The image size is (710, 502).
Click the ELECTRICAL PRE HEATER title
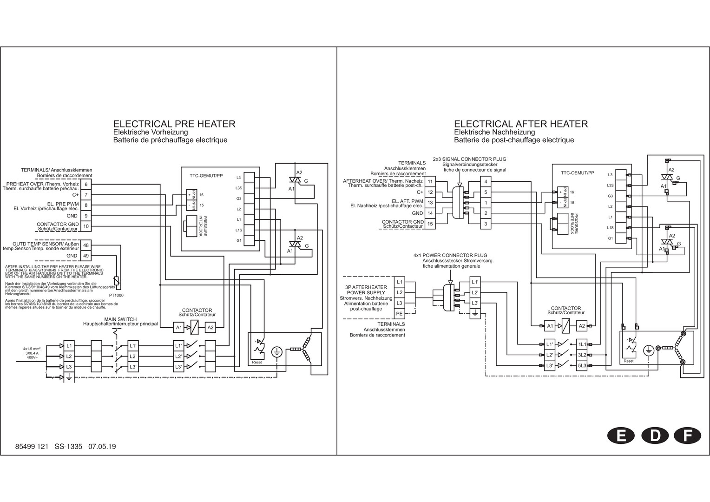click(174, 124)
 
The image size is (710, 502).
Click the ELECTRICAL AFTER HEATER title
click(520, 124)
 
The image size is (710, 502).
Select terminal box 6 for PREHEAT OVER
click(86, 184)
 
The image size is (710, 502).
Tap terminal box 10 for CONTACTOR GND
click(86, 226)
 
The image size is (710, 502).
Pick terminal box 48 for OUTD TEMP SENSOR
click(86, 245)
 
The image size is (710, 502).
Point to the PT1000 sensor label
click(116, 295)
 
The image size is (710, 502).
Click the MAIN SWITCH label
click(120, 319)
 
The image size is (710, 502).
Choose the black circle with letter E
click(620, 436)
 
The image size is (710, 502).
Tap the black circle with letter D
click(655, 436)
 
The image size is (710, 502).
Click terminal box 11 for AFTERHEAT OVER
click(430, 181)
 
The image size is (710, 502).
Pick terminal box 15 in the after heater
click(430, 224)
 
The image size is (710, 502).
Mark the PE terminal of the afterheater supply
click(399, 314)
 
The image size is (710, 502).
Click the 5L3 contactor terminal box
click(582, 366)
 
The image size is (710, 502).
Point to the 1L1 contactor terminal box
click(582, 344)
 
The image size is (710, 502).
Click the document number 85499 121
click(32, 447)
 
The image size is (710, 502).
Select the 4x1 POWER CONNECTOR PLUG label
click(450, 255)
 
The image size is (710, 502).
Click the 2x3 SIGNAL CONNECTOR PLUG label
click(469, 159)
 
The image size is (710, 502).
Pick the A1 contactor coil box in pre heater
click(179, 328)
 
